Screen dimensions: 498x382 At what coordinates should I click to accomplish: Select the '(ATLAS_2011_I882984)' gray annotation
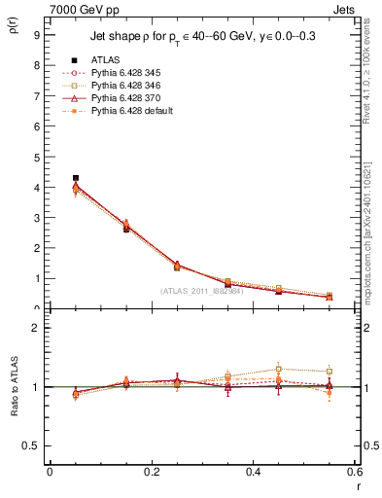pyautogui.click(x=203, y=291)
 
